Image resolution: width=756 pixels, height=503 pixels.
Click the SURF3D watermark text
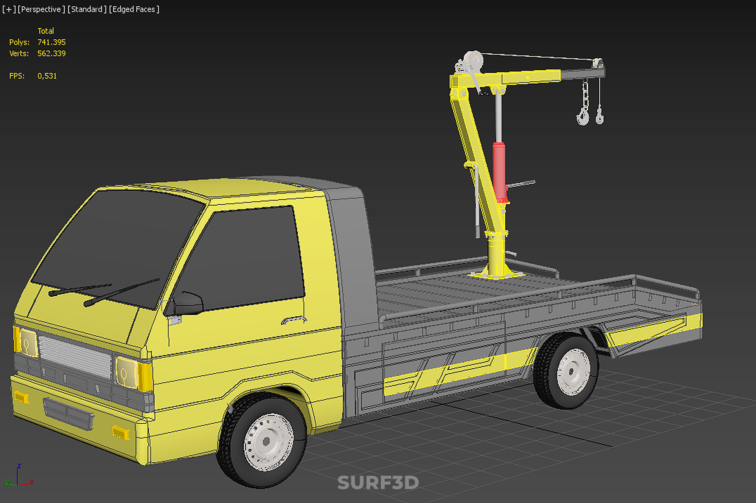(x=378, y=483)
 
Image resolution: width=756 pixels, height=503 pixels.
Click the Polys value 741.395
(x=52, y=42)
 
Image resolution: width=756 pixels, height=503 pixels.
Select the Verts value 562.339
(x=52, y=53)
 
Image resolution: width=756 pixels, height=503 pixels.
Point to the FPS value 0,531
(x=47, y=76)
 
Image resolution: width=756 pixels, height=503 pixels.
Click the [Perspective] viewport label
(x=41, y=9)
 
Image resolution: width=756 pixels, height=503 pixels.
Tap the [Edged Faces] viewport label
(x=134, y=9)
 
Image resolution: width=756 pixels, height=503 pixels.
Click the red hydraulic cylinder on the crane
(x=499, y=172)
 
